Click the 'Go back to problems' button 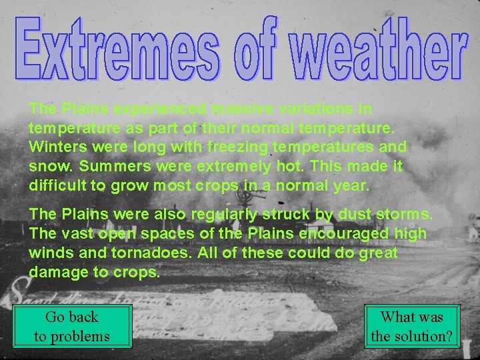click(72, 326)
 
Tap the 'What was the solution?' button click(412, 326)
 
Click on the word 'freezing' click(227, 146)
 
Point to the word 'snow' click(48, 165)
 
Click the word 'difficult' click(57, 185)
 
